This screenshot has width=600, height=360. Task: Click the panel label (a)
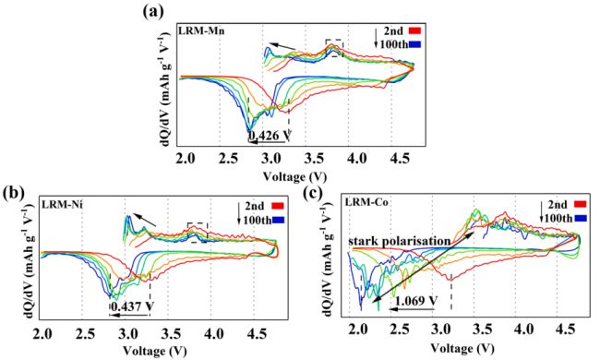coord(153,11)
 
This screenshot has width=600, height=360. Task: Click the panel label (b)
coord(14,193)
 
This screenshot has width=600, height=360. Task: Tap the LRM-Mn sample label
coord(201,31)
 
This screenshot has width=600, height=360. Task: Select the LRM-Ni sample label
coord(63,205)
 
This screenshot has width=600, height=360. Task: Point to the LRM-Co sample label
coord(366,202)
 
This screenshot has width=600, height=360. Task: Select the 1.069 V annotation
coord(416,300)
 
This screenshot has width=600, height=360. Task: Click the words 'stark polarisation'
coord(400,242)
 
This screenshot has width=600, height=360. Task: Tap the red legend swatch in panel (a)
coord(414,30)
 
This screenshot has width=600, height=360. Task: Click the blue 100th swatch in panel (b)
coord(278,220)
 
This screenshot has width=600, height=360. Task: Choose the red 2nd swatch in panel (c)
coord(580,205)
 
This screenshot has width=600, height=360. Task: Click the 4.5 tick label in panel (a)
coord(401,158)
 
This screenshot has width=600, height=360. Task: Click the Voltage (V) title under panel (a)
coord(294,176)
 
